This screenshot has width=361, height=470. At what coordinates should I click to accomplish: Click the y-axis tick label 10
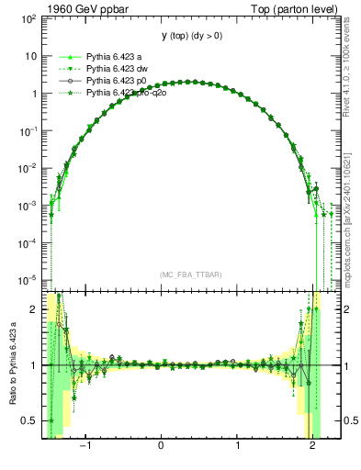tap(31, 56)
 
